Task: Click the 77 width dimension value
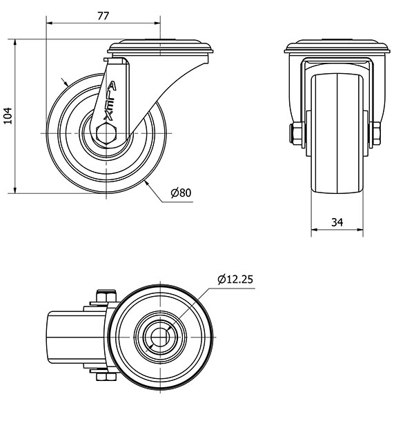click(x=103, y=16)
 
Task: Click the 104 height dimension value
click(x=8, y=116)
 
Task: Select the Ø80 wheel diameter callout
click(x=181, y=193)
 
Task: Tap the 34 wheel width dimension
click(x=337, y=222)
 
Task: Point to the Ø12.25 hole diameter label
click(x=235, y=280)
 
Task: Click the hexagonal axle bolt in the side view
click(x=106, y=133)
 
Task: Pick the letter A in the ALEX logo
click(x=112, y=86)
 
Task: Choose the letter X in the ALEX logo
click(x=108, y=116)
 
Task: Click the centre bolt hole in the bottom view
click(x=160, y=337)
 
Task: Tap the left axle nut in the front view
click(x=296, y=133)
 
